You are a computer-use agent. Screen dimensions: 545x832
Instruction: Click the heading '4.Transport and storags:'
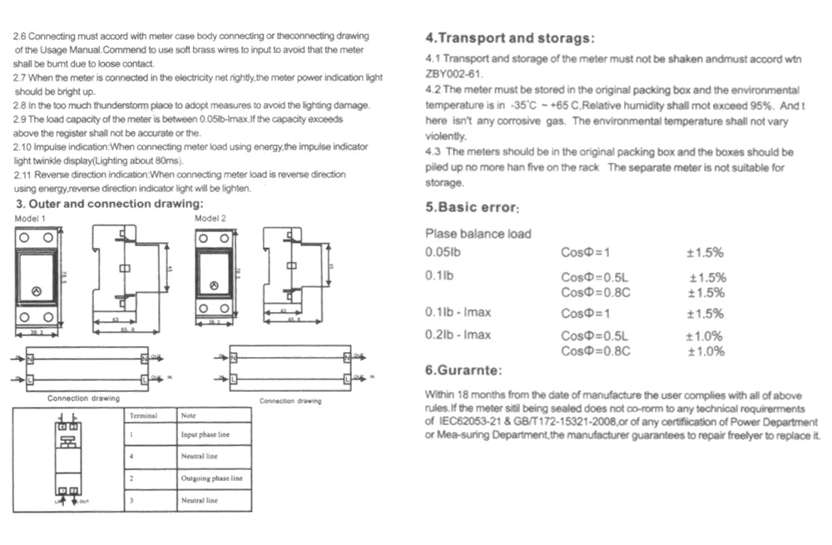[x=510, y=38]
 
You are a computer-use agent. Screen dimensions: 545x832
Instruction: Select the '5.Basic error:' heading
[x=473, y=208]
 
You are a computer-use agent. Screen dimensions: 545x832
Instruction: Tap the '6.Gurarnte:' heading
[x=463, y=370]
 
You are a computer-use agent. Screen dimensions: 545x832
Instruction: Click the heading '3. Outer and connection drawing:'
[x=109, y=204]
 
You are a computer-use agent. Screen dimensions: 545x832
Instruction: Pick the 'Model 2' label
[x=210, y=218]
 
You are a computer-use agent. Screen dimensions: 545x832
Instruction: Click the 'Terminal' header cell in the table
[x=143, y=415]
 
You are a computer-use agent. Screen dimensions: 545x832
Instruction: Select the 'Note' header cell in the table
[x=189, y=415]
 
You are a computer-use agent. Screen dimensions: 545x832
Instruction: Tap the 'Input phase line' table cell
[x=206, y=435]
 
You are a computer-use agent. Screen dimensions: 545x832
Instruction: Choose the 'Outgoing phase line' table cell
[x=212, y=478]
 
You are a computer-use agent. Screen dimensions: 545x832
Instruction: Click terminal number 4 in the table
[x=131, y=457]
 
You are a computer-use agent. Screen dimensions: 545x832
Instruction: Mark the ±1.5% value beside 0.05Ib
[x=704, y=252]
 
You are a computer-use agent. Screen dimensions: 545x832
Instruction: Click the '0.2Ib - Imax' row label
[x=458, y=335]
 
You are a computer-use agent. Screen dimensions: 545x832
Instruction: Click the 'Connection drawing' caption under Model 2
[x=290, y=401]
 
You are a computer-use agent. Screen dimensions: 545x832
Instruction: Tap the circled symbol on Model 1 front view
[x=37, y=291]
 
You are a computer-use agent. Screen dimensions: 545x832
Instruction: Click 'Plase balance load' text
[x=478, y=234]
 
